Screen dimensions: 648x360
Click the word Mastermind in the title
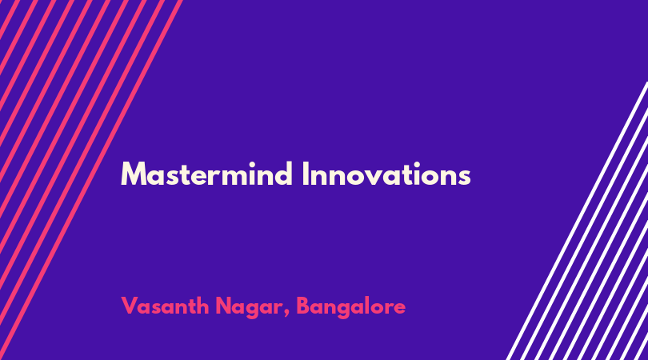(x=206, y=174)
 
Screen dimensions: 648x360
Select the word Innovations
(x=386, y=174)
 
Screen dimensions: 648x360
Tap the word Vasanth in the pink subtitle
(x=166, y=306)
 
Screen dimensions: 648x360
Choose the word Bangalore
(x=351, y=307)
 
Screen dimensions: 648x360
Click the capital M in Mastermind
(x=132, y=174)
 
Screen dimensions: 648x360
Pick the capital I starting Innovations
(x=305, y=174)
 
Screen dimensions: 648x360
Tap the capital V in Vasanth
(x=130, y=306)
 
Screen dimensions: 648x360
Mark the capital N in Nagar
(x=223, y=306)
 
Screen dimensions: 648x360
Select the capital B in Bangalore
(x=303, y=306)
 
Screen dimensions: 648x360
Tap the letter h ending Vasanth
(x=203, y=306)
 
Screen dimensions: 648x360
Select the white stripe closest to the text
(x=578, y=221)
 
